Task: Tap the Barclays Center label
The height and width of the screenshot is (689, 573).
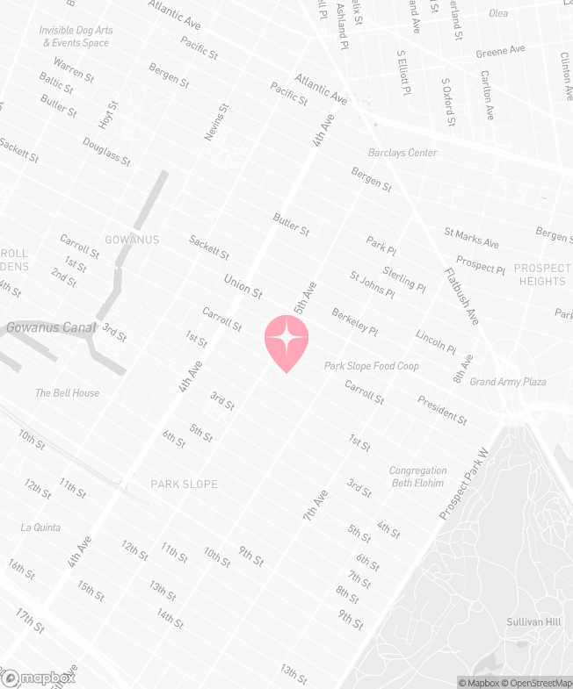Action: pyautogui.click(x=403, y=153)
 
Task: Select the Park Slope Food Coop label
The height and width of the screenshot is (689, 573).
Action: pyautogui.click(x=371, y=366)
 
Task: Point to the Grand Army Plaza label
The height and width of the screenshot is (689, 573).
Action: pyautogui.click(x=508, y=382)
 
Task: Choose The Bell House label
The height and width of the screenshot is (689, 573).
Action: pyautogui.click(x=68, y=393)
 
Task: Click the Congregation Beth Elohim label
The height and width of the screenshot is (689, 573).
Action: pyautogui.click(x=417, y=477)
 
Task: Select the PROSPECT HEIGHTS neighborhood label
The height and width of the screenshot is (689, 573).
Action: pyautogui.click(x=541, y=275)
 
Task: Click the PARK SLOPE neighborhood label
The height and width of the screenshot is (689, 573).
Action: pyautogui.click(x=184, y=484)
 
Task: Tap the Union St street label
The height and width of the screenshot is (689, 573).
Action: pyautogui.click(x=243, y=285)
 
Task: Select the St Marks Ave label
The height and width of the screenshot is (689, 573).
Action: pyautogui.click(x=471, y=238)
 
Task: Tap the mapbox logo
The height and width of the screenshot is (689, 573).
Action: pyautogui.click(x=39, y=678)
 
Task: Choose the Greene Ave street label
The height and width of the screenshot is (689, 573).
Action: pyautogui.click(x=499, y=53)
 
